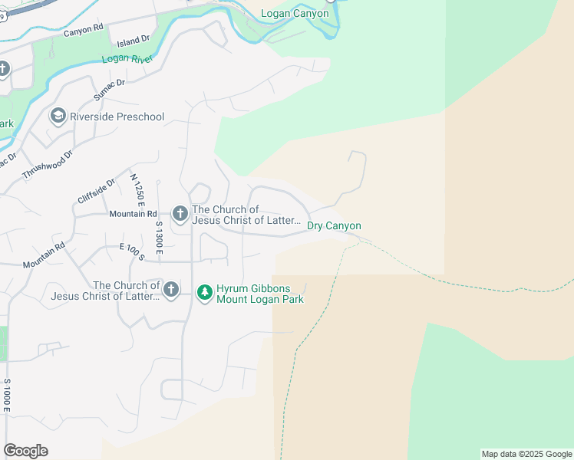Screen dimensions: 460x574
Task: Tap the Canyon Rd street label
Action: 83,31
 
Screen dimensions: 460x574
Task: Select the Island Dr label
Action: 130,43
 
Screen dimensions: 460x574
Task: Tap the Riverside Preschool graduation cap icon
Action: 57,117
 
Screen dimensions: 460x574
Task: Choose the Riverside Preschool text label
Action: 117,117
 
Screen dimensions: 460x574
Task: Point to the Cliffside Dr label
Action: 97,192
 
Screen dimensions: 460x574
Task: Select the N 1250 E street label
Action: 137,192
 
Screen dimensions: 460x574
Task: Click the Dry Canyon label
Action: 334,225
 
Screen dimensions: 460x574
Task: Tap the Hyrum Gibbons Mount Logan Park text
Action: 259,293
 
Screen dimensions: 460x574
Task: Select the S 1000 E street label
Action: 7,396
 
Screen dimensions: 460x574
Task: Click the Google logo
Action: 25,451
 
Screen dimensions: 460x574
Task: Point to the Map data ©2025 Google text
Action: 526,454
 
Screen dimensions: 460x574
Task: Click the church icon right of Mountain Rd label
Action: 180,215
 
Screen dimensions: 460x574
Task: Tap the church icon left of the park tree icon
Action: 170,290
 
